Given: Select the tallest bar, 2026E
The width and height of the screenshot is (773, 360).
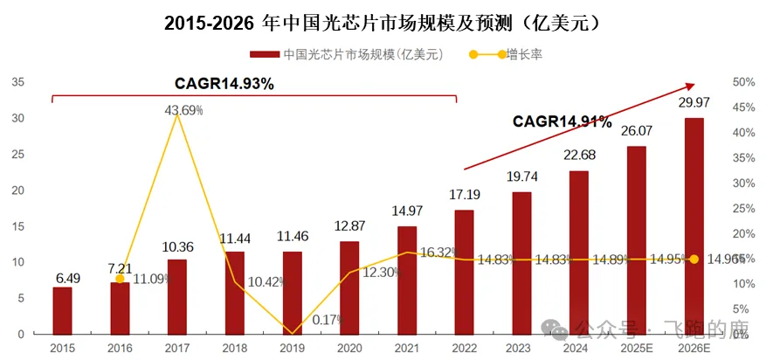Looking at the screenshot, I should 694,226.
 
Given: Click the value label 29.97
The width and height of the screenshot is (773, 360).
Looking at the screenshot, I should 694,104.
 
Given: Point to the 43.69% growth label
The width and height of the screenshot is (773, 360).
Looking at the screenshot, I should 183,110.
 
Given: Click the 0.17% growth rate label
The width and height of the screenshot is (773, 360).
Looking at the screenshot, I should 327,320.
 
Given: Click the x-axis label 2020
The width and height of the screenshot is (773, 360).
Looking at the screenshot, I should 349,347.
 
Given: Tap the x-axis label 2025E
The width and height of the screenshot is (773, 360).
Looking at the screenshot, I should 637,347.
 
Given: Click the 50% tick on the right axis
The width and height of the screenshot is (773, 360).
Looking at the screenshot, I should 743,82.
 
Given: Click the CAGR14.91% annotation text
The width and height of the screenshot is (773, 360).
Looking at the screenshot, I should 562,121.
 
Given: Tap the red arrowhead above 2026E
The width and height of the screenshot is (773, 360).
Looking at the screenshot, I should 690,86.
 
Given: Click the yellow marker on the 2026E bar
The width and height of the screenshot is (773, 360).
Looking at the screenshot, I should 694,259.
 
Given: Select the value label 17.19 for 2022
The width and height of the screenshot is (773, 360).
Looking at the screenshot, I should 465,194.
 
